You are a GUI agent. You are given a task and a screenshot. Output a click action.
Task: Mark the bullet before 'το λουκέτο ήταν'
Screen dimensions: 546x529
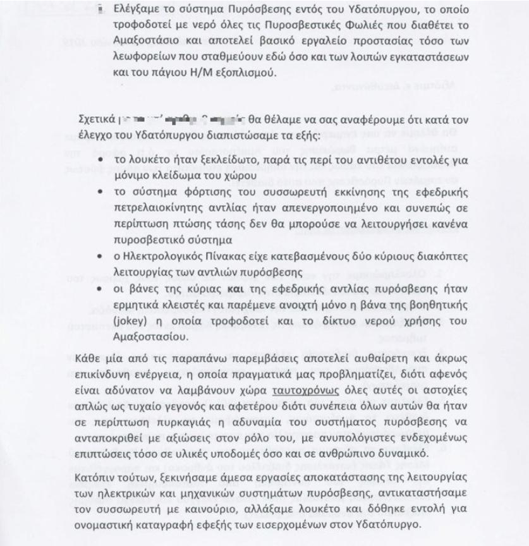100,161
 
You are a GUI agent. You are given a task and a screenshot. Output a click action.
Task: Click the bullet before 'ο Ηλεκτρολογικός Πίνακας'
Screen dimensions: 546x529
100,258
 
